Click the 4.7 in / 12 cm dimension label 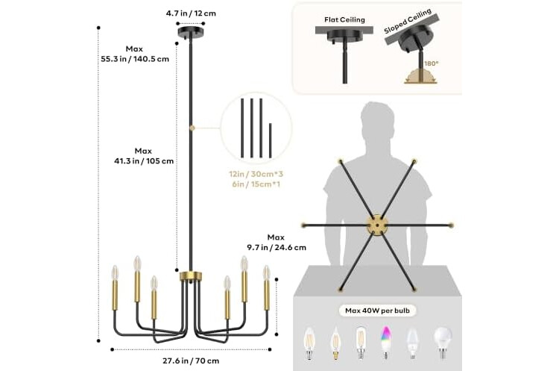tap(191, 13)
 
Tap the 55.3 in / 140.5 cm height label tap(135, 59)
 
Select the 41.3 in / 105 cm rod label tap(144, 161)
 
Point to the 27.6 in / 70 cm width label tap(191, 361)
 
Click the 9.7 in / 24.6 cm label tap(277, 247)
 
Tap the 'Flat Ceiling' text tap(344, 20)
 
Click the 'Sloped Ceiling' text tap(408, 21)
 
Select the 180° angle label tap(432, 63)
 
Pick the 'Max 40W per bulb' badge tap(377, 311)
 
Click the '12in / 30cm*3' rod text tap(256, 175)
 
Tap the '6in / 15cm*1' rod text tap(256, 184)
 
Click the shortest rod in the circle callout tap(271, 140)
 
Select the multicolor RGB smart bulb tap(386, 342)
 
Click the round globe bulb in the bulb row tap(443, 342)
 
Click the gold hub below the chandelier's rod tap(191, 276)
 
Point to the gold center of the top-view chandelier tap(377, 225)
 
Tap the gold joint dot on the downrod tap(192, 128)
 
